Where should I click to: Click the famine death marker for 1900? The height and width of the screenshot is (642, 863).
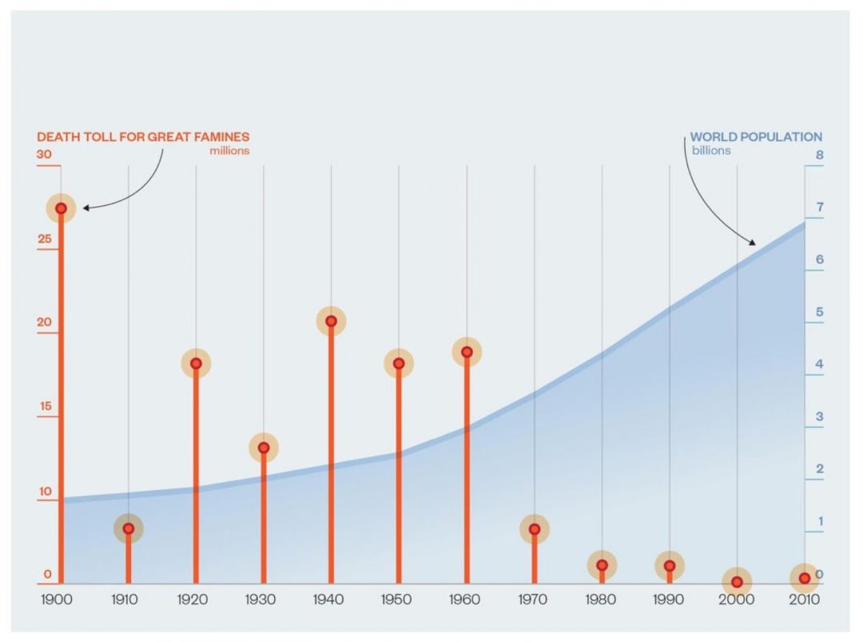pyautogui.click(x=61, y=208)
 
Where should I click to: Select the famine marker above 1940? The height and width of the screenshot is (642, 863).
pyautogui.click(x=331, y=321)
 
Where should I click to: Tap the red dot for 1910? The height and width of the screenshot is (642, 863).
pyautogui.click(x=128, y=528)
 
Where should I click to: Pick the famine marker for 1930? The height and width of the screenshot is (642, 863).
pyautogui.click(x=263, y=447)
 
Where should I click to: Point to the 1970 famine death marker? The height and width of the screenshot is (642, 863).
pyautogui.click(x=534, y=529)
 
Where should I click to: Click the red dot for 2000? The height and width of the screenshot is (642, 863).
pyautogui.click(x=737, y=581)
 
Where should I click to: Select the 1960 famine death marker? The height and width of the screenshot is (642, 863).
pyautogui.click(x=467, y=351)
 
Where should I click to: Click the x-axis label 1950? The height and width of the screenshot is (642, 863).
pyautogui.click(x=399, y=600)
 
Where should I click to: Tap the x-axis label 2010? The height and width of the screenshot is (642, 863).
pyautogui.click(x=805, y=600)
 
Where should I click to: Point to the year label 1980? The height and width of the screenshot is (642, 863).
pyautogui.click(x=602, y=600)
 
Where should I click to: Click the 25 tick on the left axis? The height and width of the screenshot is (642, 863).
pyautogui.click(x=45, y=239)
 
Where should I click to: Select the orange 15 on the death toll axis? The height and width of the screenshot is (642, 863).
pyautogui.click(x=45, y=406)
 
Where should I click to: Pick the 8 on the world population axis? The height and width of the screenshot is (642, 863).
pyautogui.click(x=819, y=155)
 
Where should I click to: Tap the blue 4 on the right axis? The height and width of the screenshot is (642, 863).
pyautogui.click(x=819, y=364)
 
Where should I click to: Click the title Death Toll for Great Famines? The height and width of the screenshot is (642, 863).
pyautogui.click(x=143, y=137)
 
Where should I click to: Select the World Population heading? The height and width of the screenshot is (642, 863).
pyautogui.click(x=756, y=137)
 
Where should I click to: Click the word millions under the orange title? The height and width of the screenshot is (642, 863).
pyautogui.click(x=229, y=150)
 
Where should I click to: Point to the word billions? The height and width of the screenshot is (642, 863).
pyautogui.click(x=710, y=150)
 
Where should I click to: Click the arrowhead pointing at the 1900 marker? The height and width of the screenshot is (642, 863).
pyautogui.click(x=86, y=208)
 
